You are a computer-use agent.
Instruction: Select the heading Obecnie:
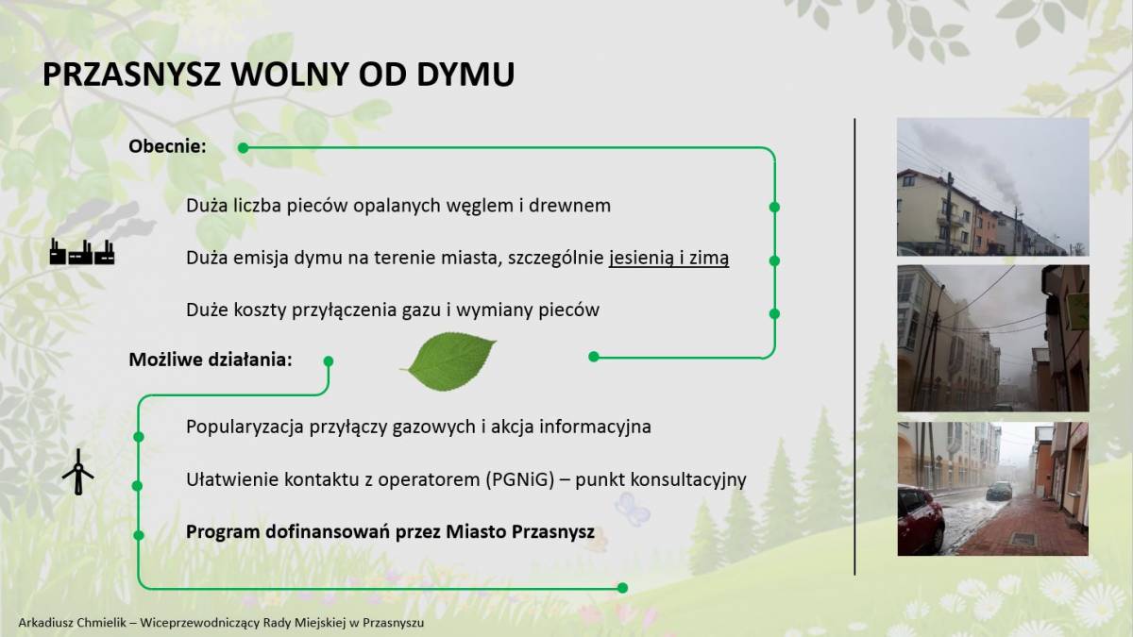click(167, 146)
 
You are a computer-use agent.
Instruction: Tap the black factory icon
click(82, 252)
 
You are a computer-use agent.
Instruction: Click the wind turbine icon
click(77, 472)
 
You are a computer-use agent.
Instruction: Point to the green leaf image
click(448, 360)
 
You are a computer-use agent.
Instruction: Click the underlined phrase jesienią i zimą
click(668, 259)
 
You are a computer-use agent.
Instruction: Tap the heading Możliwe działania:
click(211, 360)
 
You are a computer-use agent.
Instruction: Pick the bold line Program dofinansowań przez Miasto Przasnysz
click(390, 532)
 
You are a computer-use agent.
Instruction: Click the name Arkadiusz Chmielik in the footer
click(73, 622)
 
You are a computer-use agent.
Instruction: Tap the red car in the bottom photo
click(920, 520)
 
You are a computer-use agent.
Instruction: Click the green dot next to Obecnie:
click(244, 148)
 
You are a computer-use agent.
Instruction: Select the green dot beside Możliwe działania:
click(329, 360)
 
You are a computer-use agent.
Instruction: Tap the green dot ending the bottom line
click(622, 588)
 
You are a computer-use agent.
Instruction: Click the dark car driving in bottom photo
click(1000, 491)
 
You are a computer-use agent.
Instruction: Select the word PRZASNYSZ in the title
click(131, 75)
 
